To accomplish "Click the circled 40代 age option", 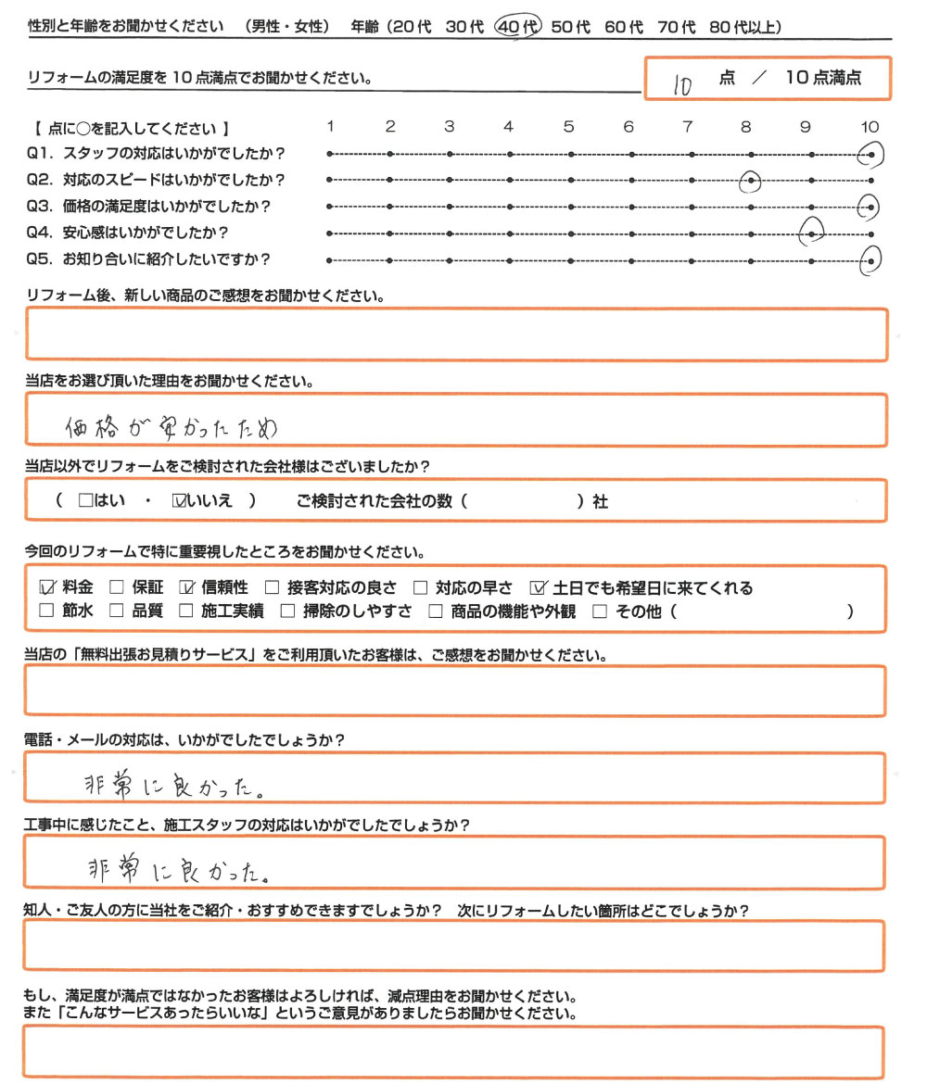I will coord(518,27).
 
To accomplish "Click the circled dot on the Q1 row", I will coord(870,154).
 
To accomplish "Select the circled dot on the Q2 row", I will coord(751,180).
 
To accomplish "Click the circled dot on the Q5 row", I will coord(870,261).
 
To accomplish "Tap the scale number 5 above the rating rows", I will coord(568,127).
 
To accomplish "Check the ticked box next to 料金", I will coord(48,587).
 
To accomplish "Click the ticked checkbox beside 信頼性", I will coord(185,587).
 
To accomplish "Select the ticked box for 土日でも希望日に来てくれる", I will coord(540,587).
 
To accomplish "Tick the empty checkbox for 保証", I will coord(117,587).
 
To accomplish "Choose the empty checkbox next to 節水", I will coord(48,611).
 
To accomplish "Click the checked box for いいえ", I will coord(180,501).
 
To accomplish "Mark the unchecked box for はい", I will coord(86,501).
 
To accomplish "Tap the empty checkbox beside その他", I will coord(599,611).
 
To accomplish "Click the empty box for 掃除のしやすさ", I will coord(287,611).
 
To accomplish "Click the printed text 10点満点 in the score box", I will coord(823,79).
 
